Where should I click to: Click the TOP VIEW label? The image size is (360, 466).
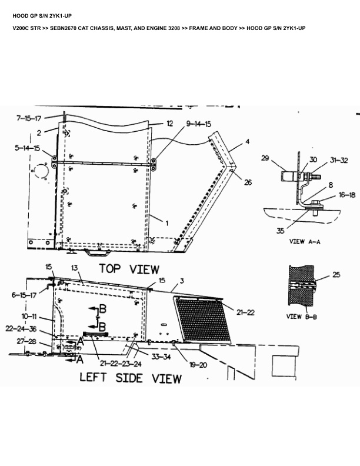click(129, 269)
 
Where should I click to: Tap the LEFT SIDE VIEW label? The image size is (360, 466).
click(131, 378)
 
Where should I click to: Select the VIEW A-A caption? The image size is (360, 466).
click(306, 241)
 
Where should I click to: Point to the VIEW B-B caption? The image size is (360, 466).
click(302, 316)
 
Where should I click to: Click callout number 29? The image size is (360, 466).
click(265, 158)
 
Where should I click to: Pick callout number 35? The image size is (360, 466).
click(281, 231)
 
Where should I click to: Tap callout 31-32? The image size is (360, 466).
click(339, 159)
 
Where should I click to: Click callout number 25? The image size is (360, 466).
click(336, 275)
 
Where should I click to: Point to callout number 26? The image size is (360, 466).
click(248, 183)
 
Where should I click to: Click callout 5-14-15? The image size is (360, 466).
click(27, 148)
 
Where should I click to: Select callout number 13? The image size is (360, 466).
click(75, 268)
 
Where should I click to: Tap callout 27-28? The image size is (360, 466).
click(26, 341)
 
